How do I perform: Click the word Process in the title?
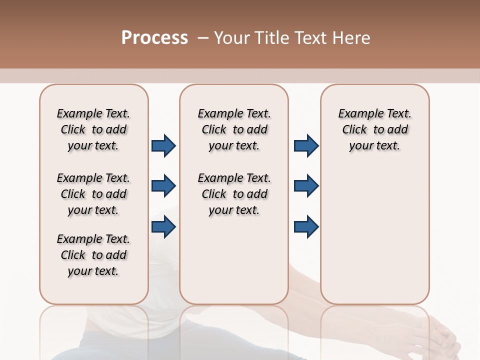(x=154, y=38)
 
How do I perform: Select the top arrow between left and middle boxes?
(x=163, y=145)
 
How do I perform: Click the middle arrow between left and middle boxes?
(x=163, y=186)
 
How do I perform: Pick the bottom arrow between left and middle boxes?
(x=163, y=227)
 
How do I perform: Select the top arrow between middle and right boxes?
(x=306, y=145)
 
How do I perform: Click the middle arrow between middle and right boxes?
(x=306, y=186)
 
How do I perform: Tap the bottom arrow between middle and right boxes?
(x=306, y=227)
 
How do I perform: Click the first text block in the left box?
(x=93, y=129)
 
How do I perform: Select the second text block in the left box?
(x=93, y=194)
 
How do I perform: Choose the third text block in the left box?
(x=93, y=255)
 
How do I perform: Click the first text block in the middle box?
(x=234, y=129)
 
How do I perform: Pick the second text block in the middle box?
(x=234, y=194)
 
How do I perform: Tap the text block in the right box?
(x=375, y=129)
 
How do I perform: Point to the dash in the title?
(x=203, y=38)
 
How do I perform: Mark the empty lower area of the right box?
(x=375, y=240)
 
